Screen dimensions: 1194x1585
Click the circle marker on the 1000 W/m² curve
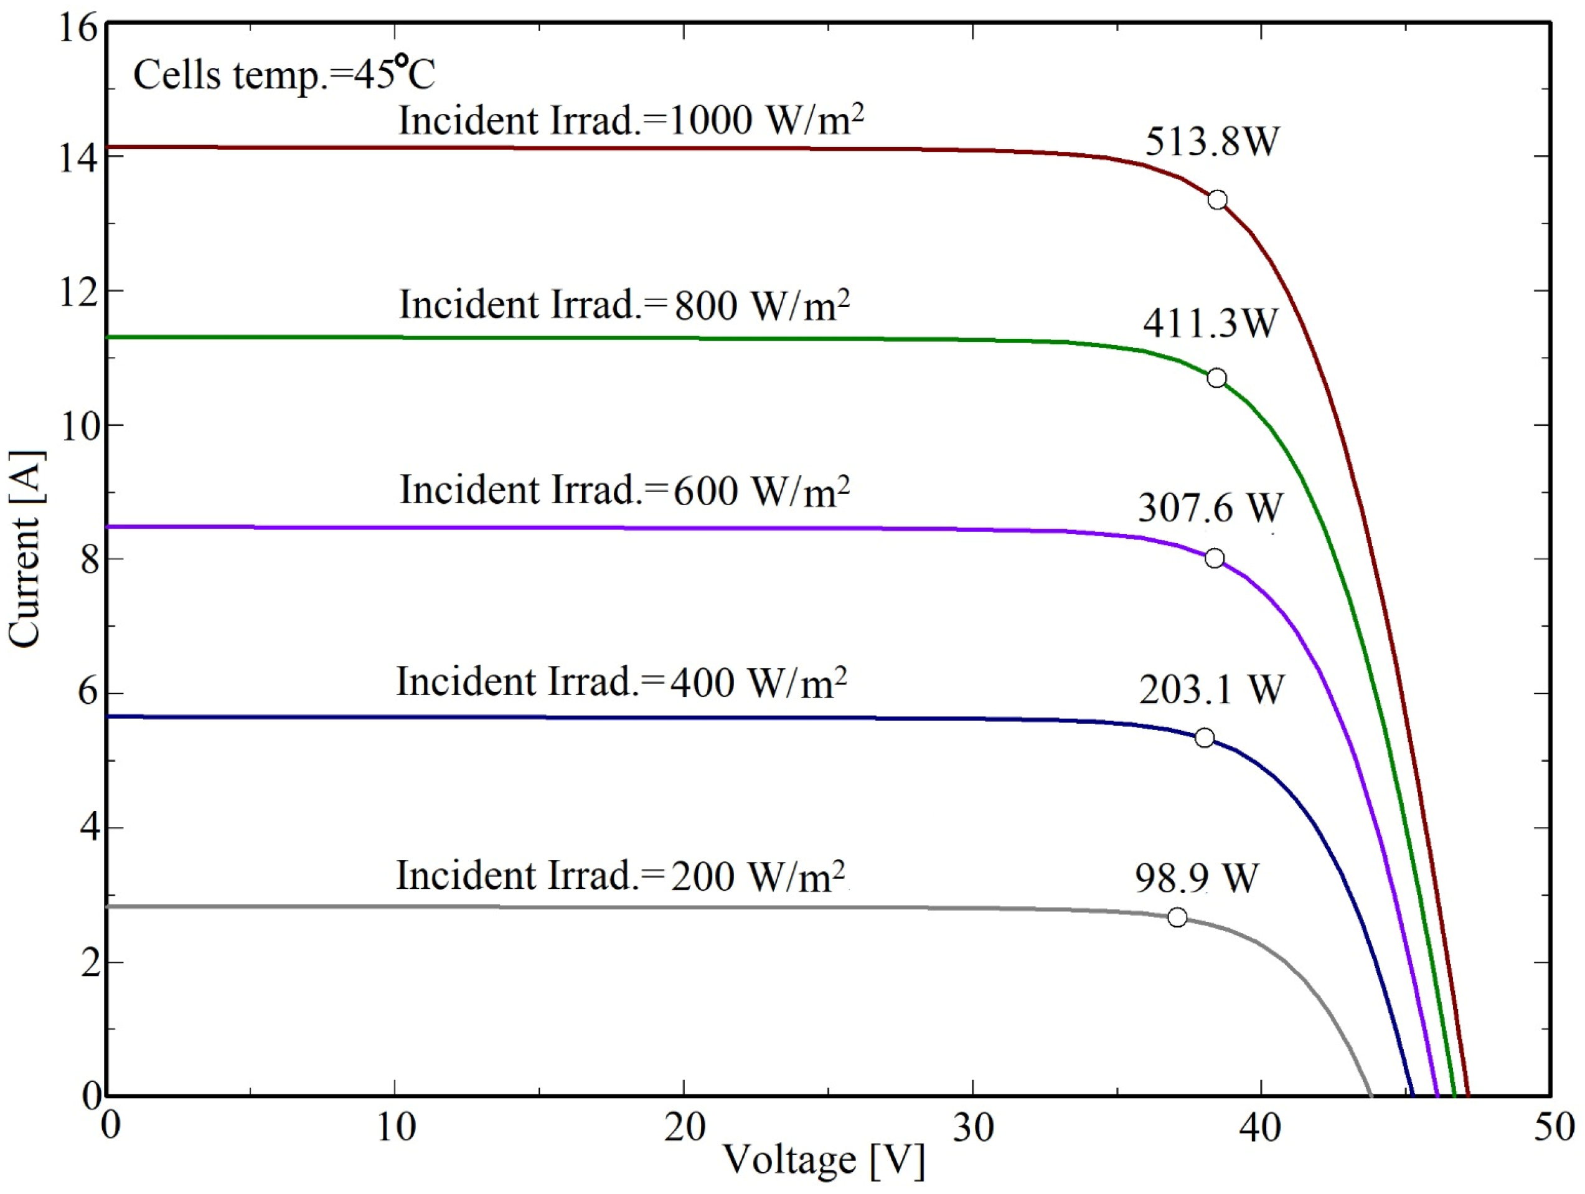pos(1218,199)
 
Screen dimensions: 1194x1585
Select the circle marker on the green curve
pos(1216,379)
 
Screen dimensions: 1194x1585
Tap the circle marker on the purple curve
pos(1215,558)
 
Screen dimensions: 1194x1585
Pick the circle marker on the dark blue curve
pos(1205,737)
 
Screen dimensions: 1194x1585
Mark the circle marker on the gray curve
pos(1177,917)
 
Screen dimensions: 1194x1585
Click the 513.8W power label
pos(1211,141)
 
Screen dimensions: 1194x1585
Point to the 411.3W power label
pos(1210,323)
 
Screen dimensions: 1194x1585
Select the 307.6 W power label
pos(1210,508)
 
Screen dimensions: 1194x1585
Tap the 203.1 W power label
pos(1211,689)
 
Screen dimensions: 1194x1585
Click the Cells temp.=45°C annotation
pos(284,75)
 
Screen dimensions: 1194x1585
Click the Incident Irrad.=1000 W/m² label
pos(631,120)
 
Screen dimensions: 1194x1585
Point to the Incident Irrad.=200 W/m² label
pos(621,876)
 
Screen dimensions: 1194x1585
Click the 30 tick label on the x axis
pos(973,1128)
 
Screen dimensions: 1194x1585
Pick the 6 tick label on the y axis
pos(89,693)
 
